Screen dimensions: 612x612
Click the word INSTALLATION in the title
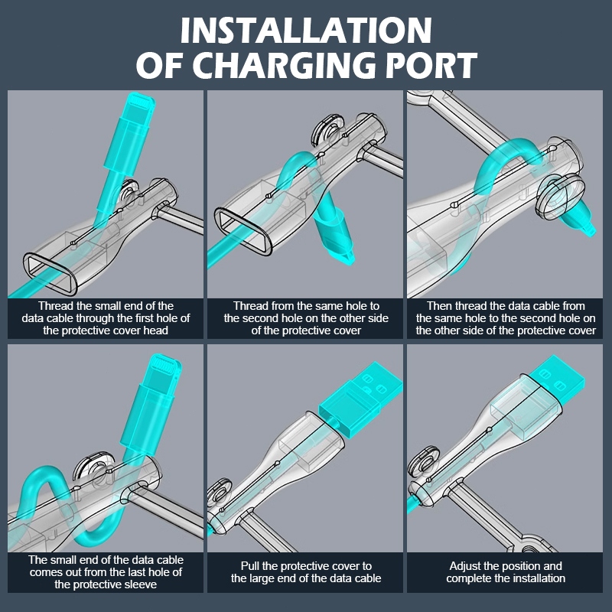(x=306, y=31)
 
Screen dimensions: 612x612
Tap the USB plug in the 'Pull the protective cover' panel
(x=360, y=399)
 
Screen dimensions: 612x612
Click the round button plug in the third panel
(x=560, y=197)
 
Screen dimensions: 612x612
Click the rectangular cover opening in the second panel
(x=243, y=230)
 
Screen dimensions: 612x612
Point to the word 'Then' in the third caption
(x=439, y=305)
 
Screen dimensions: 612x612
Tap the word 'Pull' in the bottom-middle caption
(x=250, y=566)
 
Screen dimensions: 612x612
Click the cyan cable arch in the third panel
(x=507, y=153)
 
